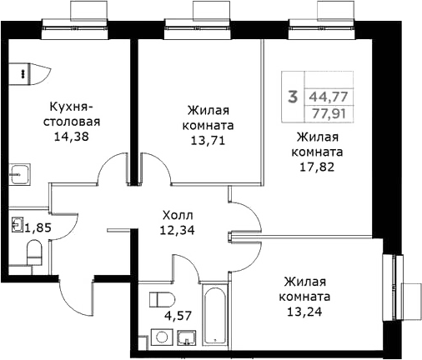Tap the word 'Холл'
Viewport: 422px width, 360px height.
tap(178, 213)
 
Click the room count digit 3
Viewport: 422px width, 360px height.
tap(292, 96)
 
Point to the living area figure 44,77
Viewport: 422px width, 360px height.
tap(327, 97)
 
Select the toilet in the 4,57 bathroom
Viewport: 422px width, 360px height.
tap(159, 302)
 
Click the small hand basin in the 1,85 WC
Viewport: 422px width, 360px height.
tap(18, 225)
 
